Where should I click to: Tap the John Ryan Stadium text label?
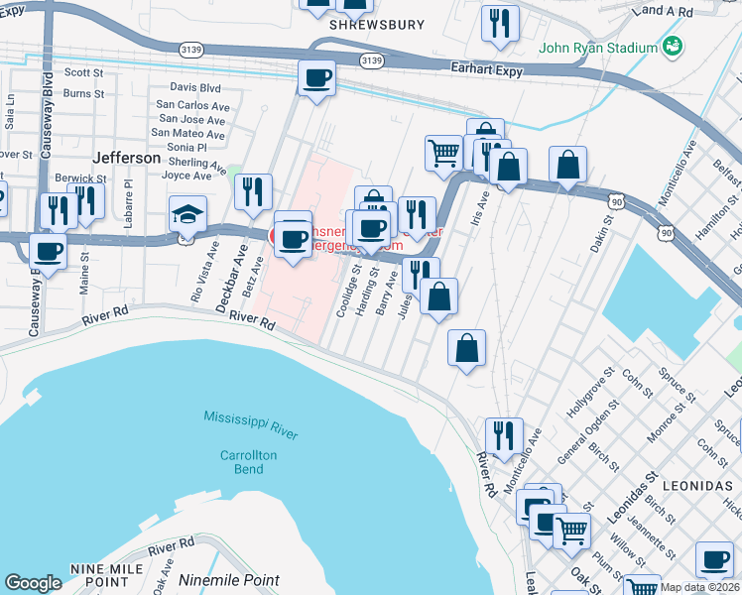click(x=598, y=47)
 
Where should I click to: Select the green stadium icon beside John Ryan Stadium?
click(x=674, y=46)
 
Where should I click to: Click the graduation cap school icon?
click(x=186, y=213)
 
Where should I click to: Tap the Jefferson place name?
click(x=126, y=158)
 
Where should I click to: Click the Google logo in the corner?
click(x=33, y=582)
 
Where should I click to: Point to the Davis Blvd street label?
click(x=194, y=87)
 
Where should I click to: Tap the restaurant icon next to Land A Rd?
click(x=500, y=22)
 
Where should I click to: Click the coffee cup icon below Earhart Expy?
click(x=316, y=77)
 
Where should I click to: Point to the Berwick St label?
click(x=80, y=178)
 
